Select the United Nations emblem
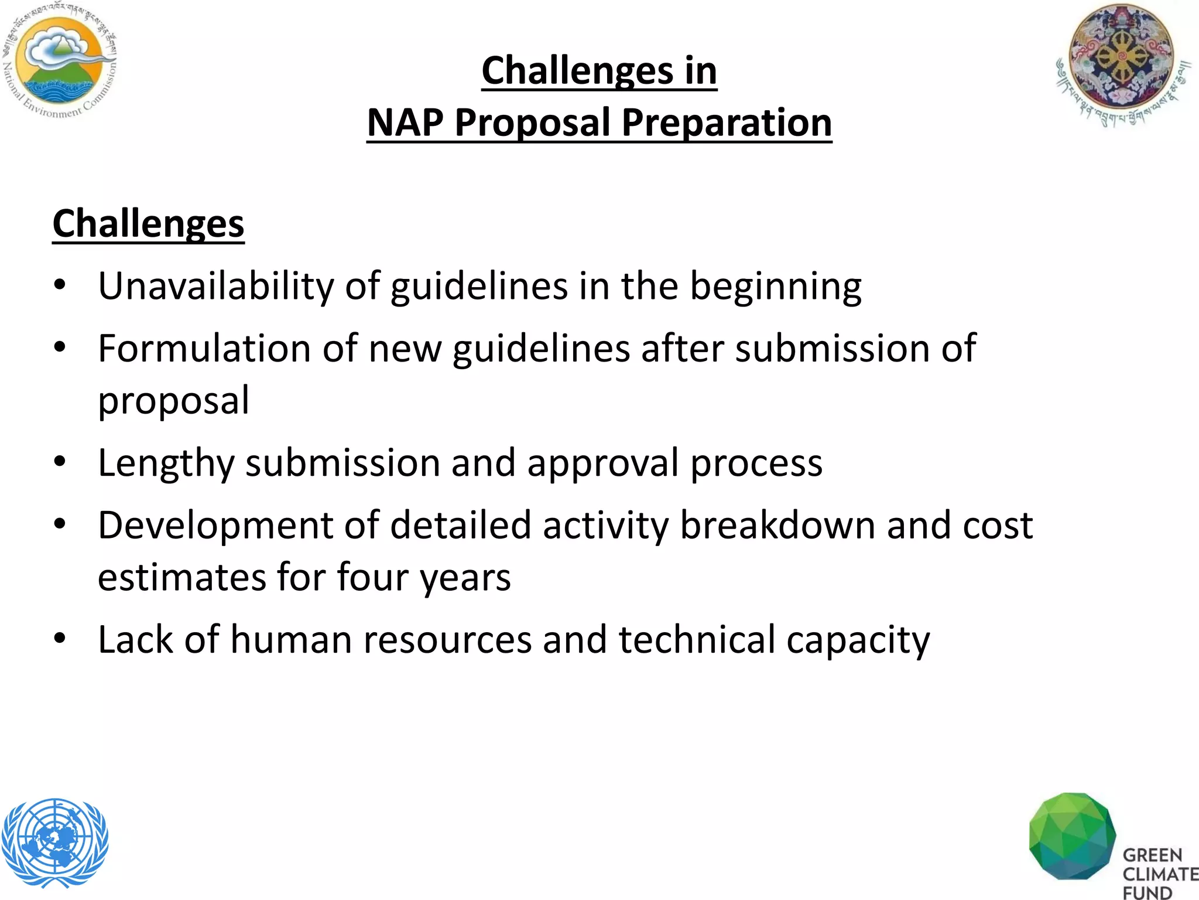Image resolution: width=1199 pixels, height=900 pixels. (55, 841)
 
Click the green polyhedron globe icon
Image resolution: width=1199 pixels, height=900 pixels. (1071, 836)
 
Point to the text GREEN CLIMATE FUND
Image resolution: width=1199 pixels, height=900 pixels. (1158, 873)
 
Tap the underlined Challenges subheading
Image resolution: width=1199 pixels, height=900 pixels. (148, 223)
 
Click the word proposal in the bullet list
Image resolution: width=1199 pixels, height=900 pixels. (174, 401)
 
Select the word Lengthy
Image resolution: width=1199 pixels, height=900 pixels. (166, 463)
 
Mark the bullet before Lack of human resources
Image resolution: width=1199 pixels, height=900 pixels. (60, 638)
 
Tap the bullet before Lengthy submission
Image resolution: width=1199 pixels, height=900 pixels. (60, 462)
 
